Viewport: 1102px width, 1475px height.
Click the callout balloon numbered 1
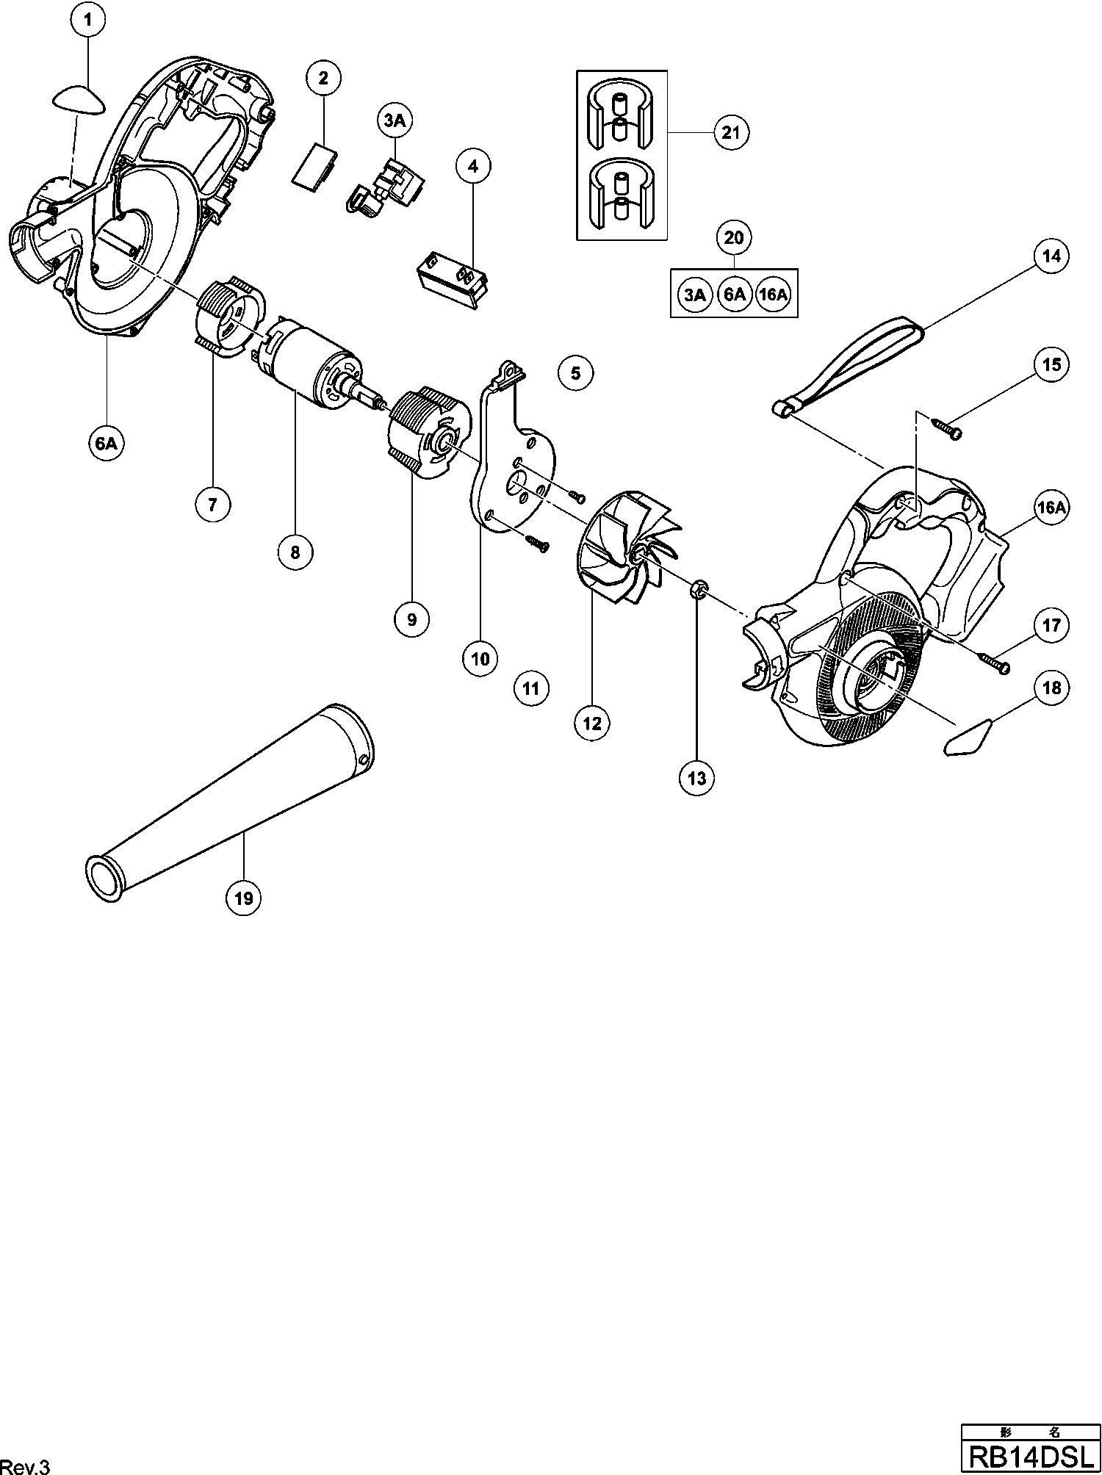pos(88,21)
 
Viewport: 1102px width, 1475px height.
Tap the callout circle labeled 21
pos(730,133)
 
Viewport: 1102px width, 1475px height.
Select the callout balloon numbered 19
pos(244,898)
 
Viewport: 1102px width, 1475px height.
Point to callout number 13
pos(696,778)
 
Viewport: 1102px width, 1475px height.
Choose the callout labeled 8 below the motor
pos(295,552)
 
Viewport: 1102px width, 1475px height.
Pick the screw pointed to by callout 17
pos(995,661)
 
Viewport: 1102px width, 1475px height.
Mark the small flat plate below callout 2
pos(313,166)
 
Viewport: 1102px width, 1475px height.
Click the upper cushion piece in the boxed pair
pos(622,110)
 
